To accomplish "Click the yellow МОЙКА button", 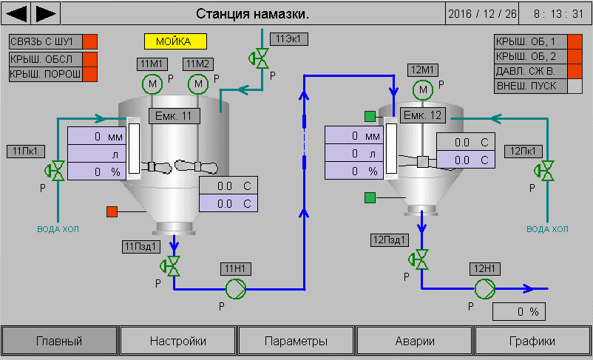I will click(175, 41).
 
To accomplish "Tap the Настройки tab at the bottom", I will click(178, 341).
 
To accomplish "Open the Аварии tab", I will click(415, 341).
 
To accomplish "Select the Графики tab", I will click(532, 341).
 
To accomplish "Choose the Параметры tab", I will click(296, 341).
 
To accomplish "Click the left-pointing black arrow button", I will click(17, 13).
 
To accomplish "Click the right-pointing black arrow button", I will click(47, 13).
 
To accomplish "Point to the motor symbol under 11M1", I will click(152, 84).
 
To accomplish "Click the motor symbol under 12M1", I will click(424, 89).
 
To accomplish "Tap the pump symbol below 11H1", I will click(234, 288).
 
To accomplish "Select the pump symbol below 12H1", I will click(484, 288).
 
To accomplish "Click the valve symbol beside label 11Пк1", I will click(53, 171).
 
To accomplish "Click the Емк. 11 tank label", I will click(174, 115).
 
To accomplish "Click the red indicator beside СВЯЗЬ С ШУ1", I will click(89, 41).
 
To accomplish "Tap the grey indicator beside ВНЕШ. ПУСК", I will click(575, 86).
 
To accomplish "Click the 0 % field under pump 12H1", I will click(519, 311).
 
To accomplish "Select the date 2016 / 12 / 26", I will click(483, 13).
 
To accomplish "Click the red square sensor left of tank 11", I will click(113, 211).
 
